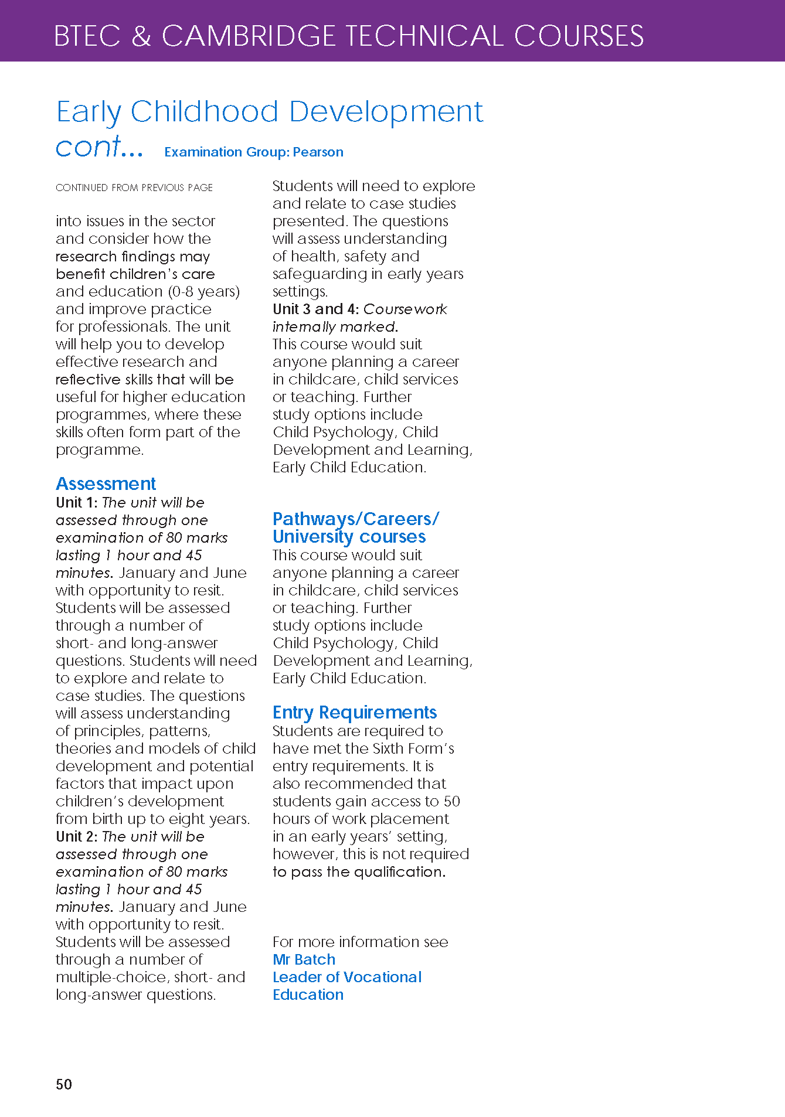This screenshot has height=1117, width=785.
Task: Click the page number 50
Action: point(64,1084)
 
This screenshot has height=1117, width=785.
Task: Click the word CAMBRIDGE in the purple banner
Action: point(248,36)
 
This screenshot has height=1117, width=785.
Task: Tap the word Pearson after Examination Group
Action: point(318,152)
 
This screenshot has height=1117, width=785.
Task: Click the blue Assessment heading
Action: point(106,483)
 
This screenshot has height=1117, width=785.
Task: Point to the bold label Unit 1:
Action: point(76,502)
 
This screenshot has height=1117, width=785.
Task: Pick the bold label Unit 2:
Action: point(76,836)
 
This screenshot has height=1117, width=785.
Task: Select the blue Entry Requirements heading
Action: point(355,712)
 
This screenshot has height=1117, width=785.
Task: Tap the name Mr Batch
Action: point(304,959)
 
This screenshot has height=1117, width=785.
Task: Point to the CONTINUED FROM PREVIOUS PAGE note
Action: point(134,188)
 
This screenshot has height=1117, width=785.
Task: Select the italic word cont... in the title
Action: point(99,147)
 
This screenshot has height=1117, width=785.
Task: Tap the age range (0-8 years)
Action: point(203,291)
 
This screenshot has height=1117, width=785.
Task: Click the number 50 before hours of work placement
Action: point(451,801)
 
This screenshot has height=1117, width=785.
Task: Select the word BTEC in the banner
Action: point(87,36)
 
